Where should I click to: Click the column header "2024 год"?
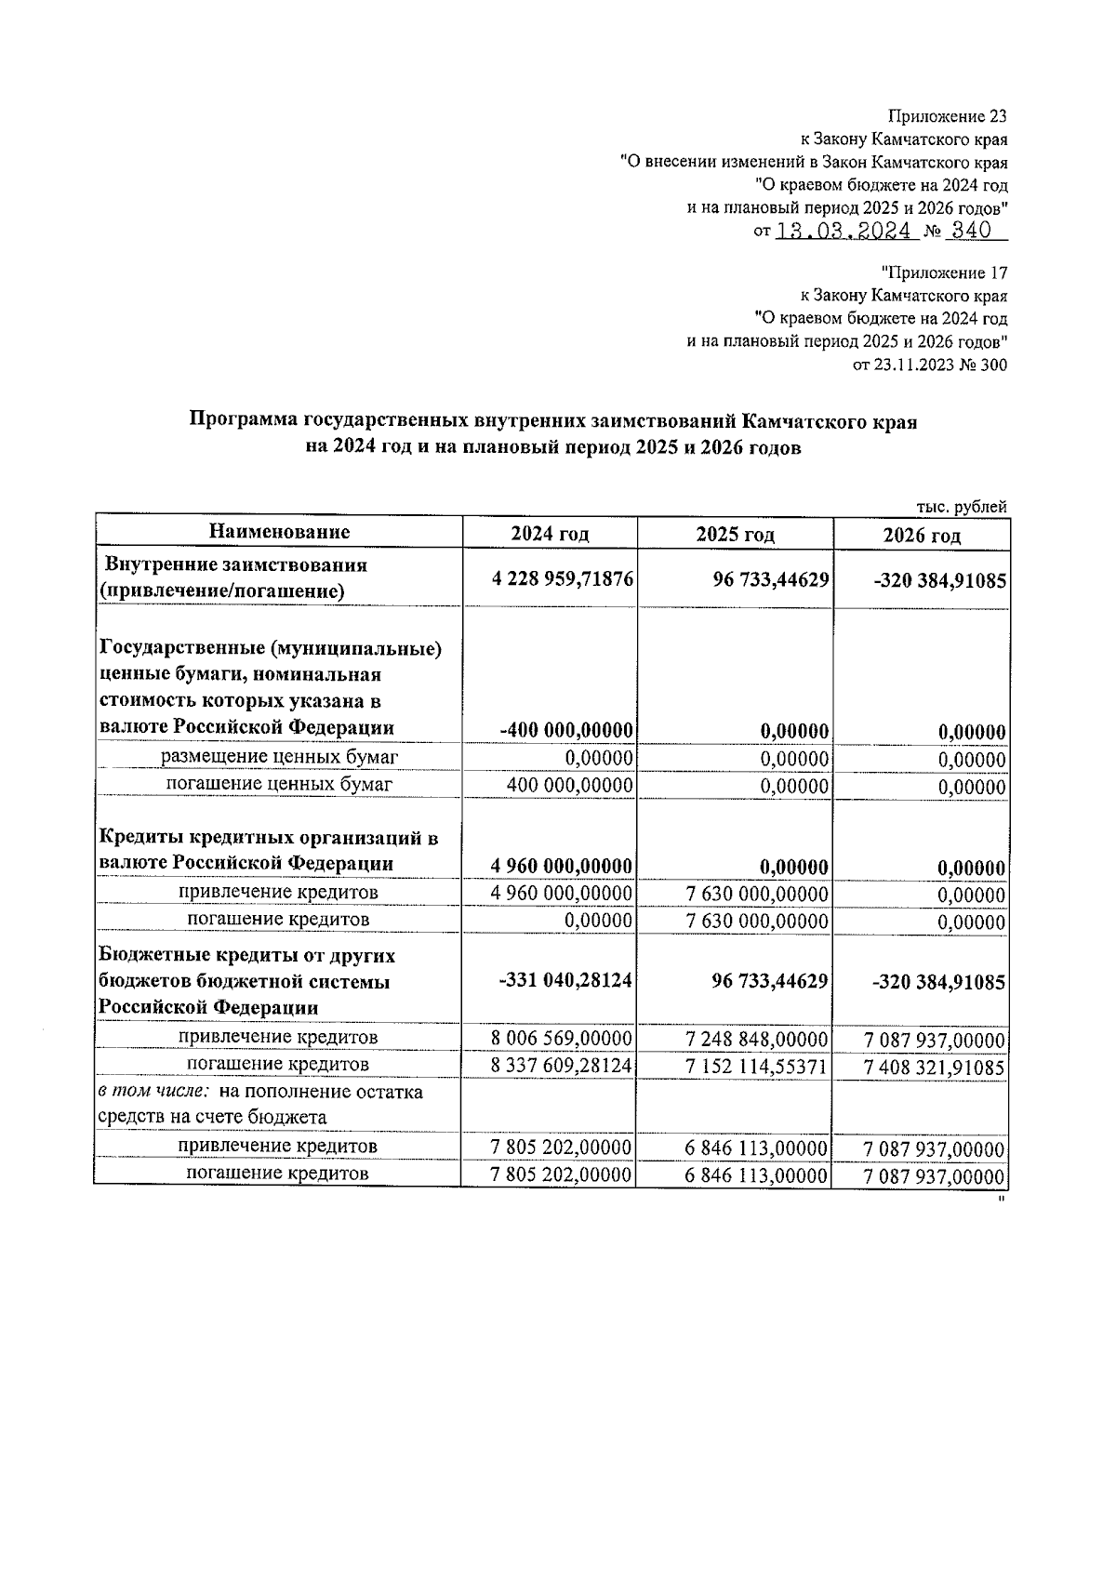pyautogui.click(x=550, y=534)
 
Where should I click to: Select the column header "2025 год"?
pyautogui.click(x=735, y=535)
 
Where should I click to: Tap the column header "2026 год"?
pyautogui.click(x=922, y=536)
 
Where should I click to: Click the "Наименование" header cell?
pyautogui.click(x=279, y=532)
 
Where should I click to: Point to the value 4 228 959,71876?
pyautogui.click(x=563, y=578)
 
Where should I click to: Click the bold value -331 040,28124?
pyautogui.click(x=566, y=980)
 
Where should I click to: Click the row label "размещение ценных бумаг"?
pyautogui.click(x=279, y=757)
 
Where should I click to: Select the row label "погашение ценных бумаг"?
pyautogui.click(x=279, y=784)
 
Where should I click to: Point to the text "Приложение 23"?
pyautogui.click(x=948, y=117)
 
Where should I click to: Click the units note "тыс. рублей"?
pyautogui.click(x=962, y=507)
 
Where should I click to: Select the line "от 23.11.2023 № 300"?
pyautogui.click(x=929, y=365)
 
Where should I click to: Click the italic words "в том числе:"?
pyautogui.click(x=154, y=1092)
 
